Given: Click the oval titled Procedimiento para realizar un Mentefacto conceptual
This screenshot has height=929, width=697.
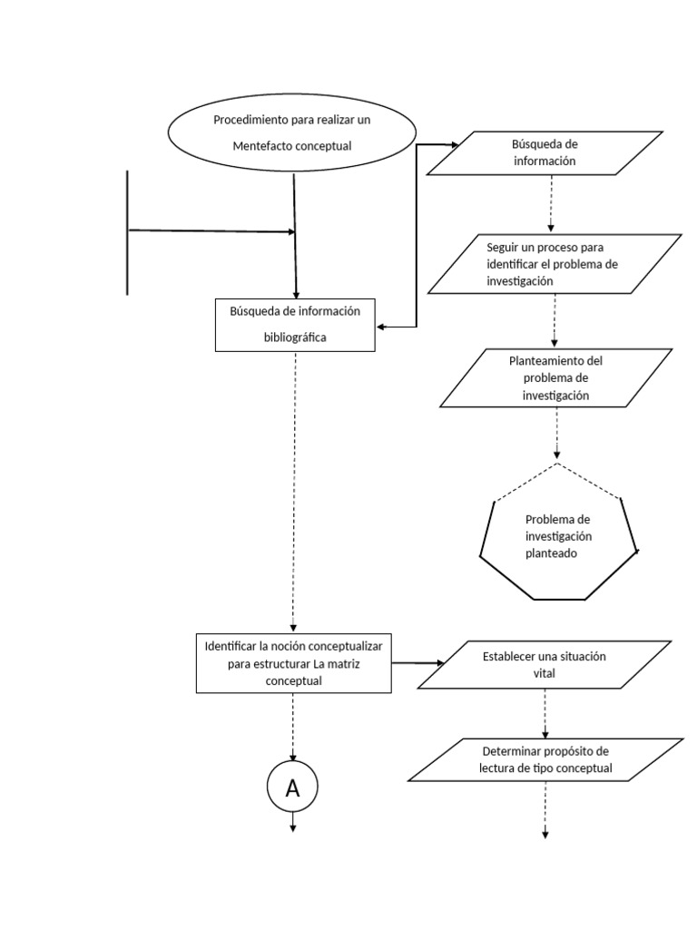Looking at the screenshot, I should tap(291, 132).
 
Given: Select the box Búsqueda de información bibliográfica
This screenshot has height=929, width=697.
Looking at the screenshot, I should tap(295, 324).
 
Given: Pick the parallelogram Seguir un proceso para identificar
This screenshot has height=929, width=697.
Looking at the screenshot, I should tap(555, 264).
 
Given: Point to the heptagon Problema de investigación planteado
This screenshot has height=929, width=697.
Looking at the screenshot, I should tap(558, 535).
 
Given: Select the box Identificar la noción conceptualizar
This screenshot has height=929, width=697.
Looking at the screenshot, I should tap(293, 663).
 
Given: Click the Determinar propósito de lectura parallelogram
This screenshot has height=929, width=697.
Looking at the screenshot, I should tap(545, 760).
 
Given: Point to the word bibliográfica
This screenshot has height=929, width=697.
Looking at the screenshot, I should tap(295, 337).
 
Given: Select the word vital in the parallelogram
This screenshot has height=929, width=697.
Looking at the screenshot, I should tap(545, 674).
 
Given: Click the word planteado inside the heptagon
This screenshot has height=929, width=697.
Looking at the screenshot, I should tap(551, 552).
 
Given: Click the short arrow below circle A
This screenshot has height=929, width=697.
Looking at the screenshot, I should tap(293, 821).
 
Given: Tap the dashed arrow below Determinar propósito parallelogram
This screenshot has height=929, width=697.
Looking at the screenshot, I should tap(545, 809).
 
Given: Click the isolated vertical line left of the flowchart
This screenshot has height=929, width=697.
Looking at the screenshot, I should tap(127, 232).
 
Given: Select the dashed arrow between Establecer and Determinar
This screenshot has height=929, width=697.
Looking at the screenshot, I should tap(545, 714).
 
